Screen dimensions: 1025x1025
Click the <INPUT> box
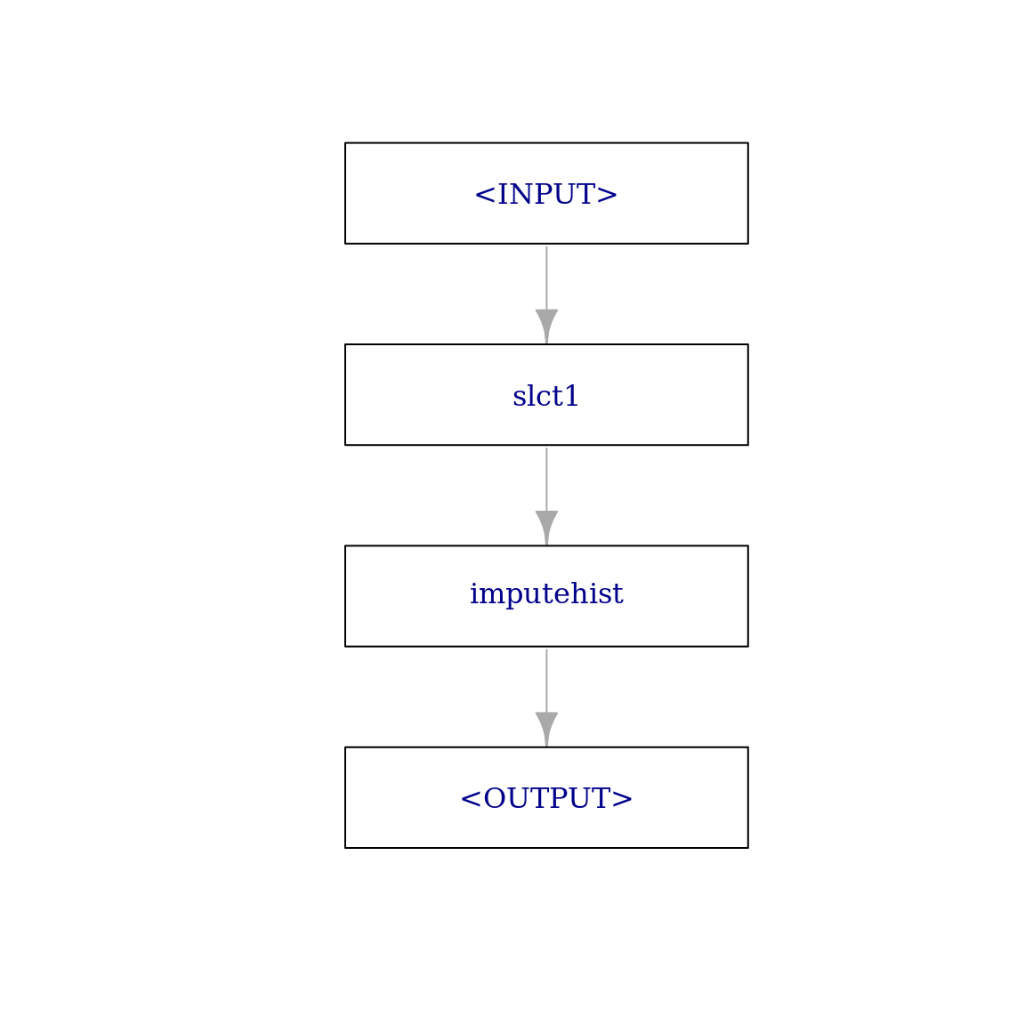click(x=546, y=193)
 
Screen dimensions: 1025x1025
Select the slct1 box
click(x=546, y=395)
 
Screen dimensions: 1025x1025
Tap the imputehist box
click(x=546, y=596)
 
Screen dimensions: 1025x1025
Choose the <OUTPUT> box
click(x=546, y=797)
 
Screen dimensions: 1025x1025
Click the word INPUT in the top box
click(x=546, y=194)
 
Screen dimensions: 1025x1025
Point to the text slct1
click(x=545, y=395)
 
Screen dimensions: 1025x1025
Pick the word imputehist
click(x=546, y=594)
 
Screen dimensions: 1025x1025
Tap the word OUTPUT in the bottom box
click(x=546, y=798)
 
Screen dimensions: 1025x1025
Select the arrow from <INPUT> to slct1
click(x=546, y=295)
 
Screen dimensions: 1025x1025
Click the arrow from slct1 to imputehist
click(x=546, y=496)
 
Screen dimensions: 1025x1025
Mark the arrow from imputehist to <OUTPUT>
click(x=546, y=697)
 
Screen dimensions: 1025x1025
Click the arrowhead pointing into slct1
click(x=546, y=326)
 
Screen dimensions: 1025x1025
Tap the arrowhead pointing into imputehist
click(x=546, y=527)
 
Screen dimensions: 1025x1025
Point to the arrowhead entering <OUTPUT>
click(x=546, y=728)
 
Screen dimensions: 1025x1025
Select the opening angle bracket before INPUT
click(x=485, y=195)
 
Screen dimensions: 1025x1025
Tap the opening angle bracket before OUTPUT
click(x=471, y=799)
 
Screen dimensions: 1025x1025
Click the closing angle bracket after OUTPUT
click(x=622, y=799)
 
